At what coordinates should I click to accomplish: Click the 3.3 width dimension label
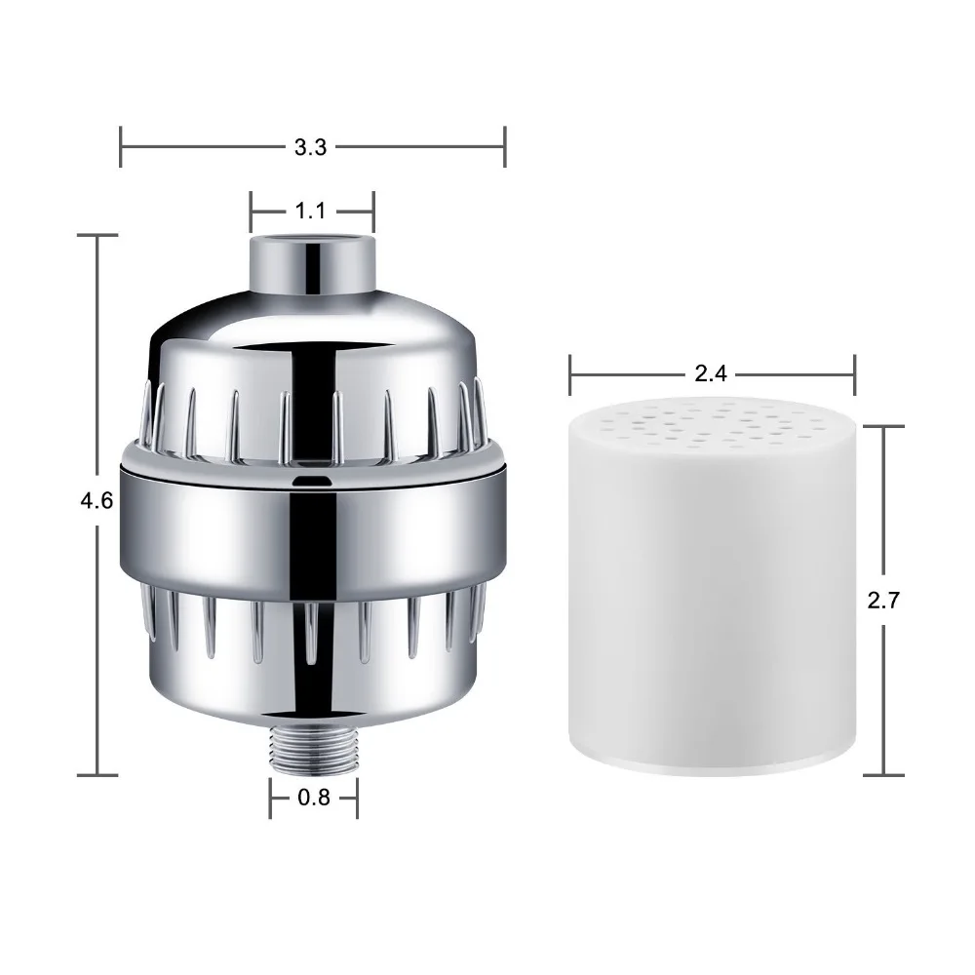coord(310,147)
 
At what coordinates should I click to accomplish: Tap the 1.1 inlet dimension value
coord(310,211)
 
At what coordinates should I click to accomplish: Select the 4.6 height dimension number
coord(97,500)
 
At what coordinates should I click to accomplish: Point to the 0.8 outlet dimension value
coord(313,797)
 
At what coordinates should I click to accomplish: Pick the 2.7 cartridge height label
coord(883,600)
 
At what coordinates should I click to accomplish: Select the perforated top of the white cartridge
coord(714,425)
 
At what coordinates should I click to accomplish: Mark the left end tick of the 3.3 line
coord(120,147)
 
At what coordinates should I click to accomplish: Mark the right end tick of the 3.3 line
coord(504,147)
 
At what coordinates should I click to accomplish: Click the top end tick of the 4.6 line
coord(97,235)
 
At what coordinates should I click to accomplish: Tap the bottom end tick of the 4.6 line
coord(97,775)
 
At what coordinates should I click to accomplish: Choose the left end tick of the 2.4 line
coord(571,372)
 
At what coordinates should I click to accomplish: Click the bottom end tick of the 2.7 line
coord(883,775)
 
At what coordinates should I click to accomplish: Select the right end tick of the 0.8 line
coord(357,797)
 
